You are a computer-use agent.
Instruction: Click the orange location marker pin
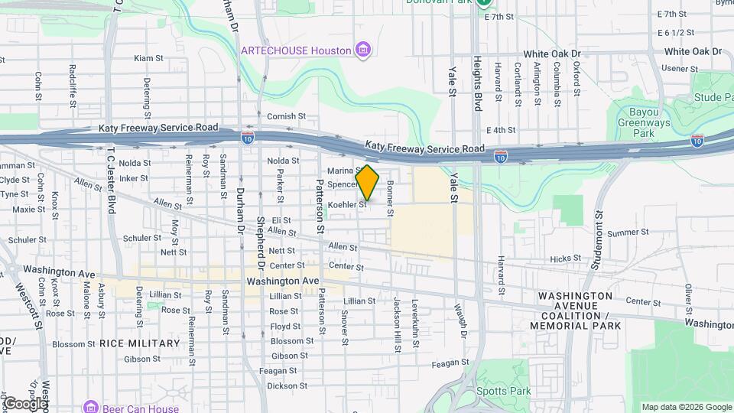368,182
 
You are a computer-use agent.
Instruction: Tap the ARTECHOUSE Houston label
296,50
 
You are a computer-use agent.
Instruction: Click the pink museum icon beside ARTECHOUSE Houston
363,50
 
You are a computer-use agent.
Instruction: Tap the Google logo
24,402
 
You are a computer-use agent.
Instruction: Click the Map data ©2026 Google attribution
686,407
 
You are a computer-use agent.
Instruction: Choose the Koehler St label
348,205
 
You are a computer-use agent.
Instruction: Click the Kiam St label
148,58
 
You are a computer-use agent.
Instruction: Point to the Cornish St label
287,116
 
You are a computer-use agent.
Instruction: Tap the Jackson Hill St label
398,325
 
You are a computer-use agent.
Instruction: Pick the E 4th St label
501,131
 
